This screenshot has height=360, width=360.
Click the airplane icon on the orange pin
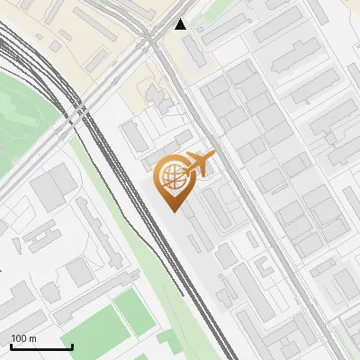coord(200,164)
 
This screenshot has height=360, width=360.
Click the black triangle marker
coord(182,24)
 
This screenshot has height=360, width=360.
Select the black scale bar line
coord(41,346)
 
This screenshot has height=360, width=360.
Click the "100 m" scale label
coord(23,338)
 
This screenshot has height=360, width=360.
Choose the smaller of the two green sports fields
coord(133,307)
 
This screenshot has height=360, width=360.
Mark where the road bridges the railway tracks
coord(78,112)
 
